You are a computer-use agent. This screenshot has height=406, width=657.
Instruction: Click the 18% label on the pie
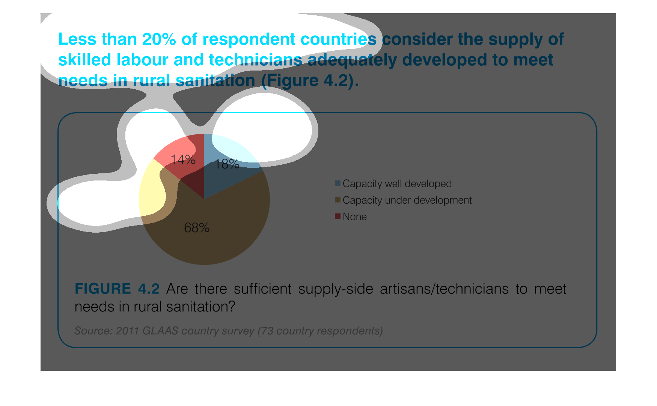(227, 164)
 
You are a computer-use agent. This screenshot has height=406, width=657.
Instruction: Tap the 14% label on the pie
(183, 160)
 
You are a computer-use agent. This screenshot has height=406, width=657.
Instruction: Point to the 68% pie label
(197, 228)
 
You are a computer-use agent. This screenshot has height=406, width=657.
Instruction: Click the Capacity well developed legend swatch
(338, 183)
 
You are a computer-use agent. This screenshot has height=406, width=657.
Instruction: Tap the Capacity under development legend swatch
(338, 200)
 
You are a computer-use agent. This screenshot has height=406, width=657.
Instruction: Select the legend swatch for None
(338, 216)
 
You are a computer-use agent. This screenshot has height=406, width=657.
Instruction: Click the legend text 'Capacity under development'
(407, 200)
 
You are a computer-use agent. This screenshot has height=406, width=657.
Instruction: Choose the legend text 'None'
(355, 217)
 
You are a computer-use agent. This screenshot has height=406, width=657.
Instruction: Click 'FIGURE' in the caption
(103, 289)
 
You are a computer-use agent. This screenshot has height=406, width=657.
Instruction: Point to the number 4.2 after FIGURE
(149, 289)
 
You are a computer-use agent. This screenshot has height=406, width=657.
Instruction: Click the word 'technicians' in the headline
(255, 60)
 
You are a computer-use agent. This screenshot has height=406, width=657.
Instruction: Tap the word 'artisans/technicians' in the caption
(444, 289)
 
